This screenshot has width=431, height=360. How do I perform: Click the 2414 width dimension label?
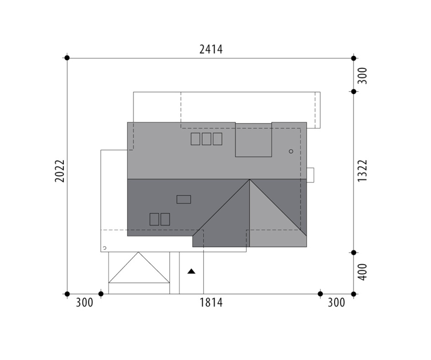(211, 49)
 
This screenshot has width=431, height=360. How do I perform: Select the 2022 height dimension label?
(60, 171)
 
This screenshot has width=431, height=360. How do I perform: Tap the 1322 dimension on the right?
(362, 170)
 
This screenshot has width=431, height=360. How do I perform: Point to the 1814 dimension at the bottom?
(211, 303)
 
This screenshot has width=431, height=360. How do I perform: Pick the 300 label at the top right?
(362, 76)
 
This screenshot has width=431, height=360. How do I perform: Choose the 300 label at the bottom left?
(84, 303)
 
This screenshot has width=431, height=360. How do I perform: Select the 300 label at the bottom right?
(336, 303)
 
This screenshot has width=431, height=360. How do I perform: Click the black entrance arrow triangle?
(191, 271)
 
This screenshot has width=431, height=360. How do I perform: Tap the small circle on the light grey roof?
(291, 151)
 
